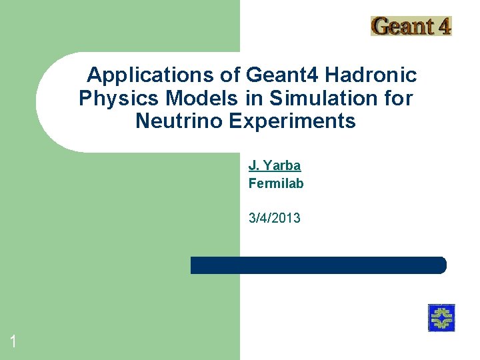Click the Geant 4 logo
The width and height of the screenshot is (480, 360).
pyautogui.click(x=411, y=26)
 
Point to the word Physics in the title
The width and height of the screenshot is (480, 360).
pyautogui.click(x=119, y=99)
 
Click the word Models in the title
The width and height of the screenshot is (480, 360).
pyautogui.click(x=201, y=99)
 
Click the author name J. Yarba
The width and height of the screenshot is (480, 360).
pyautogui.click(x=275, y=165)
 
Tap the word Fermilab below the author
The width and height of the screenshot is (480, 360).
pyautogui.click(x=276, y=183)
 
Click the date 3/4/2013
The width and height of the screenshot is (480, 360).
pyautogui.click(x=274, y=218)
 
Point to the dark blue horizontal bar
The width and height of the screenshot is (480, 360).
pyautogui.click(x=318, y=265)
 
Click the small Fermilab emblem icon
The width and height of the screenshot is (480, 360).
pyautogui.click(x=441, y=317)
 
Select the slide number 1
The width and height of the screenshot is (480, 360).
pyautogui.click(x=13, y=343)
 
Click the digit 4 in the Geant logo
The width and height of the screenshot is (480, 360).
pyautogui.click(x=443, y=27)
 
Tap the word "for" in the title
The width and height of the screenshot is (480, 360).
pyautogui.click(x=398, y=99)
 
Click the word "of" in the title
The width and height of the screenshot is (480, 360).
pyautogui.click(x=231, y=75)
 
